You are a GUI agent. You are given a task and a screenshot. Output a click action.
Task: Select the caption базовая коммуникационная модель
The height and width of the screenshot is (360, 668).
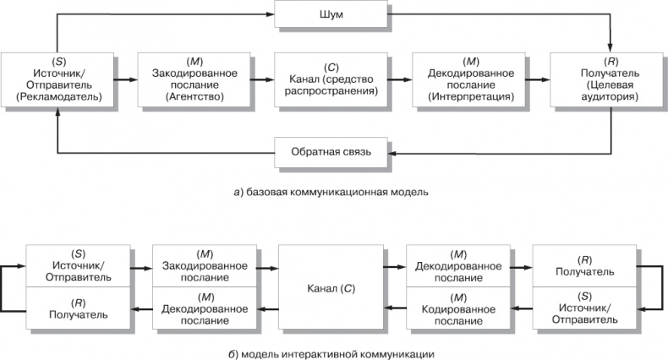[x=331, y=192]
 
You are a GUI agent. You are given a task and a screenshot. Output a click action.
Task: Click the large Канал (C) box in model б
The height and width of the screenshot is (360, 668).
[x=331, y=288]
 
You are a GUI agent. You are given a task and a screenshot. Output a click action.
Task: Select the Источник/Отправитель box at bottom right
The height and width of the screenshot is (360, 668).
[x=583, y=308]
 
